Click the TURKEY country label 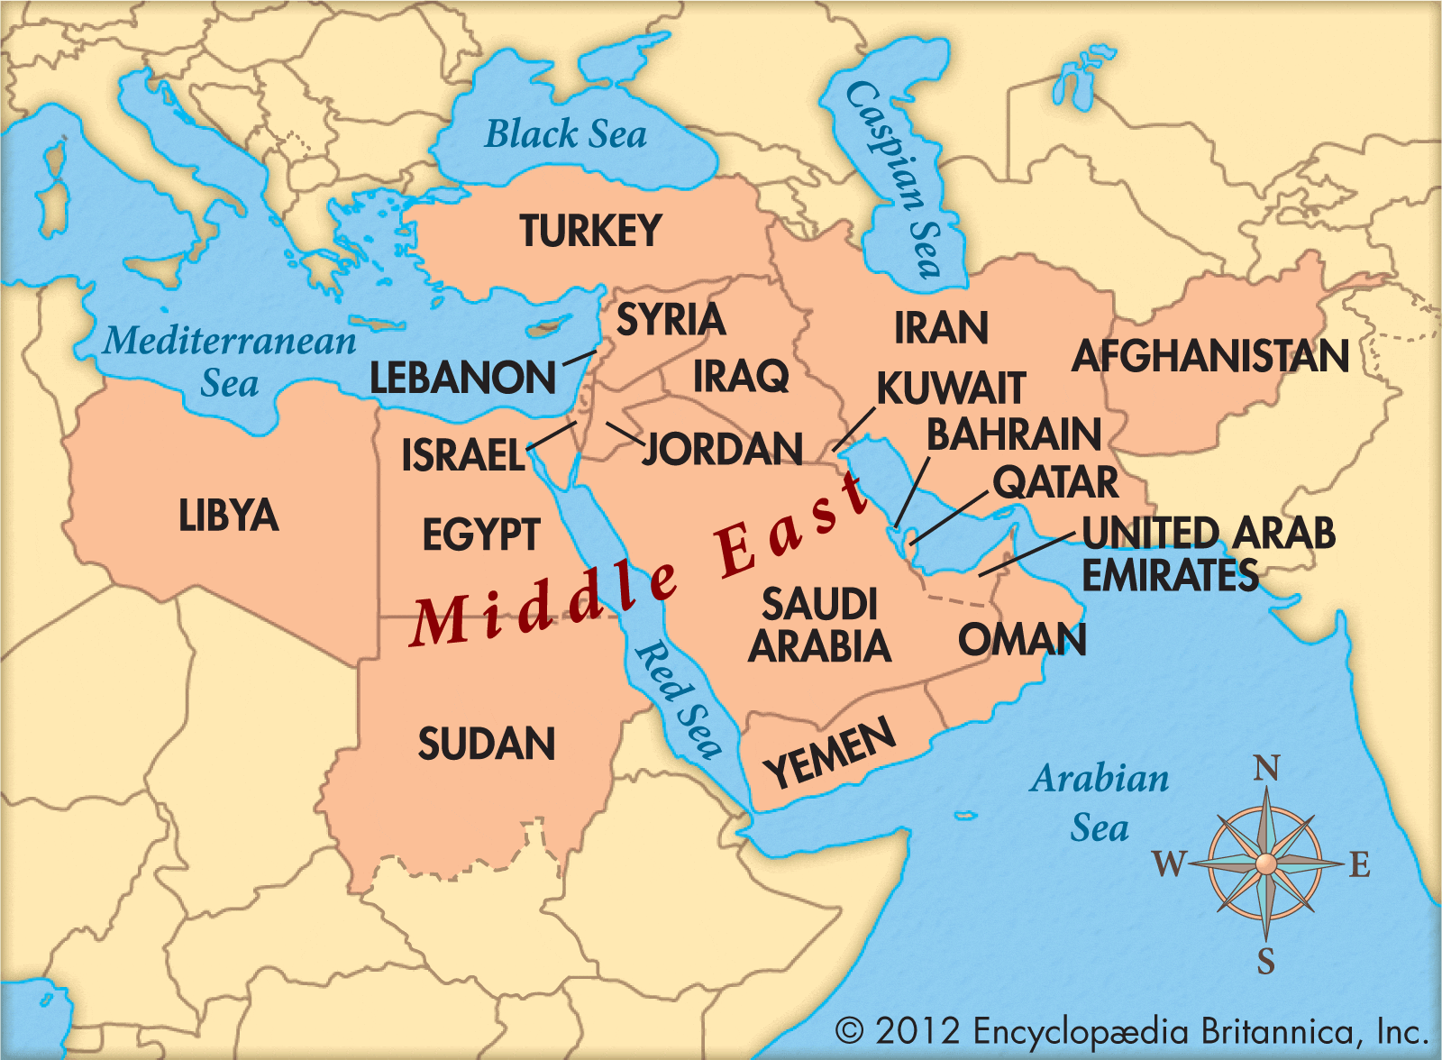pyautogui.click(x=590, y=232)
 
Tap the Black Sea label pyautogui.click(x=566, y=135)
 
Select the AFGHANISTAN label pyautogui.click(x=1210, y=356)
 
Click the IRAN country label pyautogui.click(x=941, y=328)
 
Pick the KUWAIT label pyautogui.click(x=951, y=389)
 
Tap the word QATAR pyautogui.click(x=1055, y=482)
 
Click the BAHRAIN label pyautogui.click(x=1014, y=434)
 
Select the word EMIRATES pyautogui.click(x=1170, y=575)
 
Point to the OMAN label pyautogui.click(x=1022, y=640)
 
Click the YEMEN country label pyautogui.click(x=830, y=753)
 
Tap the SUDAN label pyautogui.click(x=487, y=745)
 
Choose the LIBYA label pyautogui.click(x=228, y=516)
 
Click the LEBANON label pyautogui.click(x=463, y=378)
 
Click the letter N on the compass pyautogui.click(x=1266, y=769)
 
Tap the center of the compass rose pyautogui.click(x=1266, y=864)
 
